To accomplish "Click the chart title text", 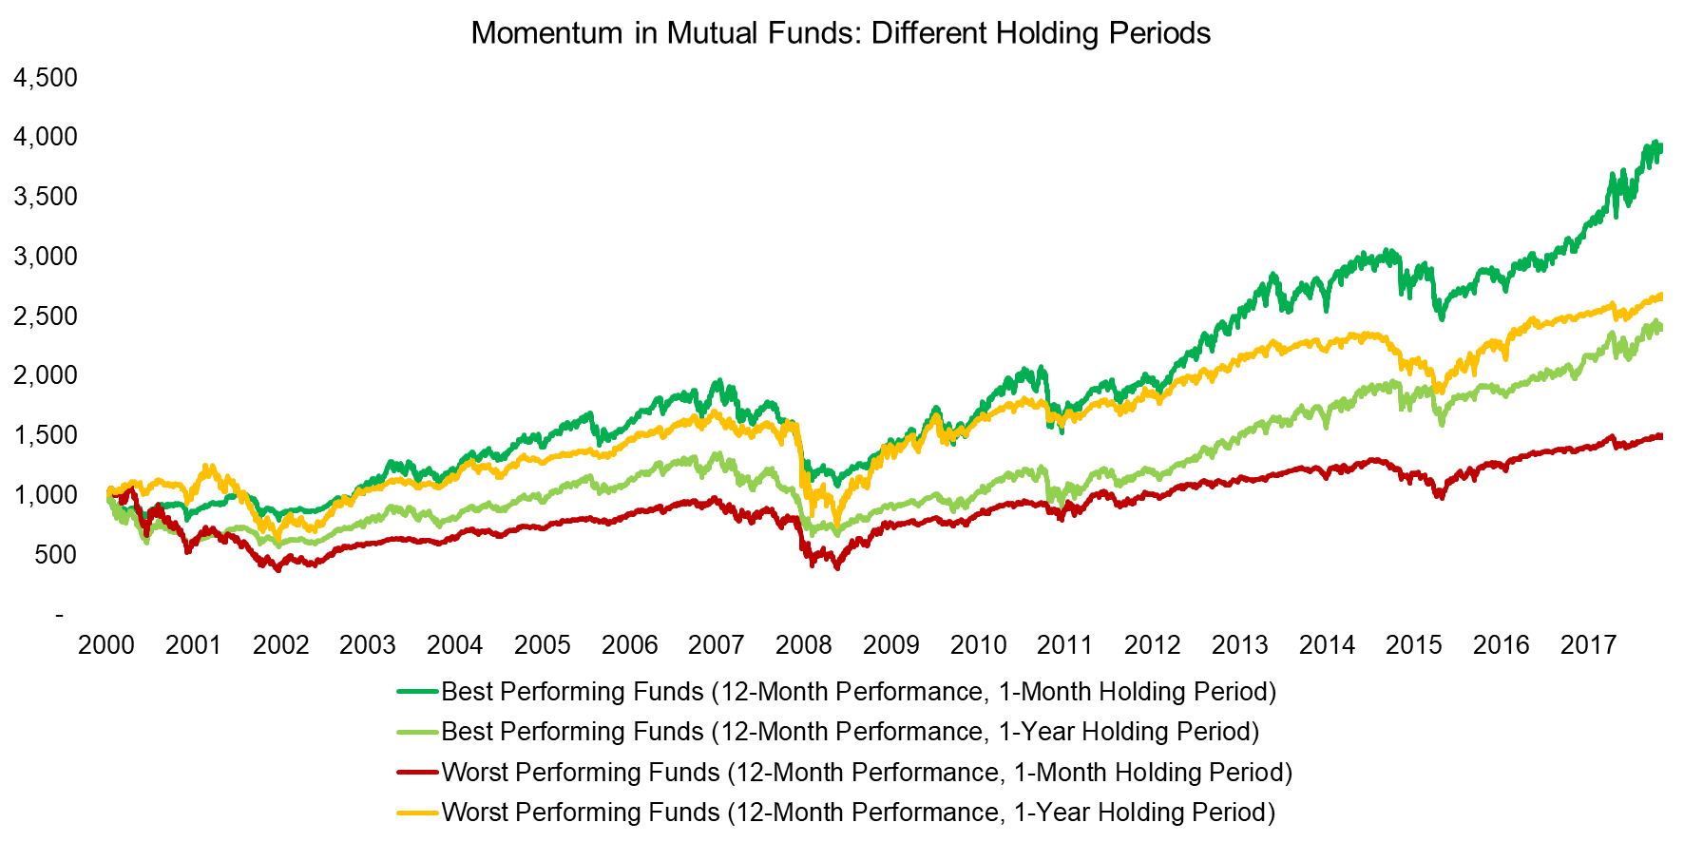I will tap(840, 33).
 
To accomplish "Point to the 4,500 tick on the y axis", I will tap(46, 77).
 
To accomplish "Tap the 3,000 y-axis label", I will tap(46, 256).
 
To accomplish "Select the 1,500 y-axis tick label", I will tap(46, 435).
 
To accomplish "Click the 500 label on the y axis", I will tap(55, 554).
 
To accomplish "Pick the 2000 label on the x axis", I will tap(106, 645).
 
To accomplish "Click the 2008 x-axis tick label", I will tap(804, 645).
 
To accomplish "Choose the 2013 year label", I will tap(1240, 645).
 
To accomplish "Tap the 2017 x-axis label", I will tap(1589, 645).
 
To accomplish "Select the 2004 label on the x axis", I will tap(455, 645).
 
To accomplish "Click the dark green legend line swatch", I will tap(418, 692).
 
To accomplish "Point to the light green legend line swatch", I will tap(418, 732).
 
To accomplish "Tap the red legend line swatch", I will tap(418, 773).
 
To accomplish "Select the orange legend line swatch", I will tap(418, 813).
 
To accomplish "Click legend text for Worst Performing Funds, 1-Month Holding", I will tap(867, 773).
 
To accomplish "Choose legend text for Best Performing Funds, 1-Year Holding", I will tap(851, 732).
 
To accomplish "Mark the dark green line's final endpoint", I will tap(1660, 147).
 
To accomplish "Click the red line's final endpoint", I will tap(1660, 436).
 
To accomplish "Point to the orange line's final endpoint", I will tap(1660, 297).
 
